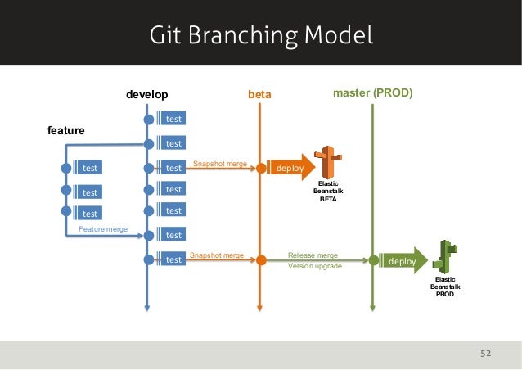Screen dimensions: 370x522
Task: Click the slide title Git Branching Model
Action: [x=261, y=35]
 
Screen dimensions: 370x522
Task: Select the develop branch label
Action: [x=146, y=95]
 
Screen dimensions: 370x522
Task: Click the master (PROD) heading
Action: [x=372, y=94]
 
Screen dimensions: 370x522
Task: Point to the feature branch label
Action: [x=66, y=130]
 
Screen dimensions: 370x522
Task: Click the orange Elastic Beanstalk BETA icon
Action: [x=328, y=162]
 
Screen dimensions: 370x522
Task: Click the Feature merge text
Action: [x=102, y=229]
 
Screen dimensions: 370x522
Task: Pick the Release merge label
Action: [x=313, y=255]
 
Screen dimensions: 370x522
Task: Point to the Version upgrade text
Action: [x=315, y=267]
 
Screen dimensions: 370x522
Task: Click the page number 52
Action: [x=485, y=354]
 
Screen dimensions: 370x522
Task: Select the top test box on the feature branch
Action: [x=90, y=168]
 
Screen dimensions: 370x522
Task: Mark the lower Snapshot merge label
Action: [x=217, y=255]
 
